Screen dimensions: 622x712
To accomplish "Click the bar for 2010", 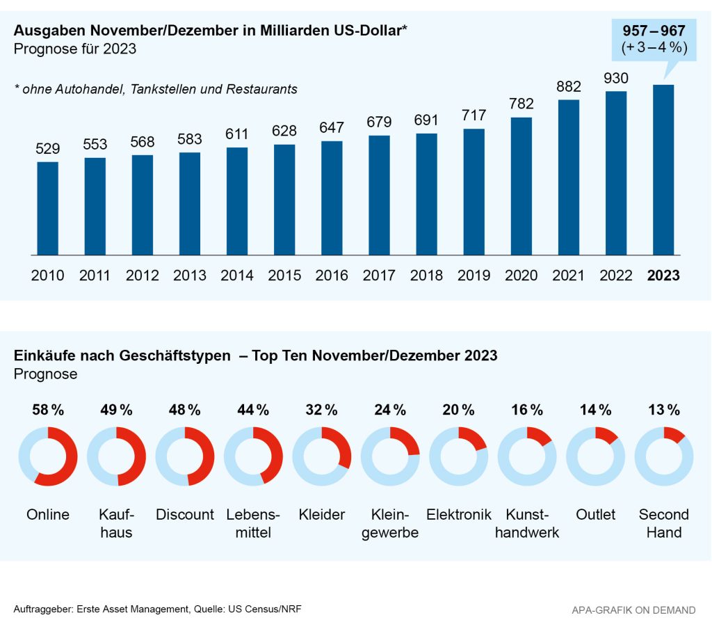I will [47, 208].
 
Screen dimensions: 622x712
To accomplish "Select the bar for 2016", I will [332, 198].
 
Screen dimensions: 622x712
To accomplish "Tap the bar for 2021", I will [568, 177].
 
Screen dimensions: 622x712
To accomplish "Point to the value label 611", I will [237, 135].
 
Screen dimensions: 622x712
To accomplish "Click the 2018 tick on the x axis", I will [426, 276].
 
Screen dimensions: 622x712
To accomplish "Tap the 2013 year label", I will [190, 276].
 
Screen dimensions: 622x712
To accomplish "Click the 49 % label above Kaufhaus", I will [116, 410].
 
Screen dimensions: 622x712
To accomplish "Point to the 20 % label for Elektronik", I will [458, 410].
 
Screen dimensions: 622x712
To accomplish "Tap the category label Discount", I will [185, 515].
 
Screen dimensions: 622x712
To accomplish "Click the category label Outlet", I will [595, 515].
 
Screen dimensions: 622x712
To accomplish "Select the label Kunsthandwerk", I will [527, 524].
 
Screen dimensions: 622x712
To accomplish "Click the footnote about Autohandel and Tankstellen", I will [156, 89].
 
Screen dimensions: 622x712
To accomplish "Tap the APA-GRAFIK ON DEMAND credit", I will [633, 610].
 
